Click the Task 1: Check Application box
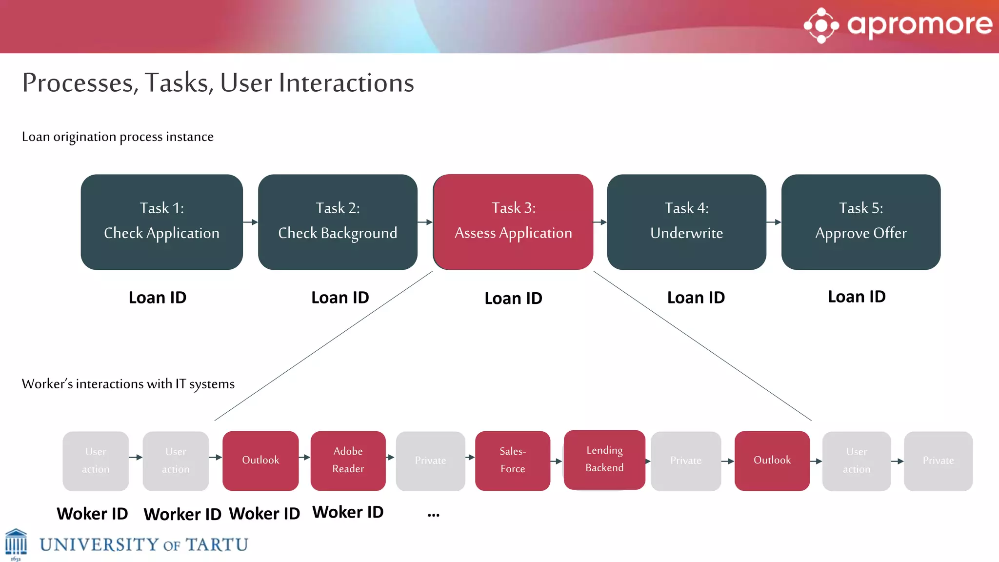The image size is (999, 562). tap(161, 222)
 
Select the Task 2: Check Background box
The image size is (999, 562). tap(338, 222)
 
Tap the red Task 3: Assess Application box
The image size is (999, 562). tap(513, 222)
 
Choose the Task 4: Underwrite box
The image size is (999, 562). tap(686, 222)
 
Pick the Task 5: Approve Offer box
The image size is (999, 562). tap(860, 222)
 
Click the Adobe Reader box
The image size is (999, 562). tap(348, 461)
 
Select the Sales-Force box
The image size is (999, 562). tap(513, 461)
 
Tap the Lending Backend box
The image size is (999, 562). tap(604, 460)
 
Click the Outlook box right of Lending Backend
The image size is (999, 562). tap(772, 461)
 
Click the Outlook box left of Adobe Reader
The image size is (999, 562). tap(260, 461)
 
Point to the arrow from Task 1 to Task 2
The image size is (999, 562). tap(250, 222)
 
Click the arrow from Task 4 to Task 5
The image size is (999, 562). tap(774, 222)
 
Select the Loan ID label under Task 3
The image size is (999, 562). tap(513, 298)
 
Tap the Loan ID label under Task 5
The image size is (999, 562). tap(857, 297)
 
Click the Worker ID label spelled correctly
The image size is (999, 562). tap(182, 514)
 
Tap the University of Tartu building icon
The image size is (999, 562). tap(16, 543)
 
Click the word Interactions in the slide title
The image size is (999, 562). tap(346, 82)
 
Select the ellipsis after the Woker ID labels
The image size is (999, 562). tap(433, 515)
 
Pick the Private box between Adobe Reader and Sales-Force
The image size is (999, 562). tap(430, 461)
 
